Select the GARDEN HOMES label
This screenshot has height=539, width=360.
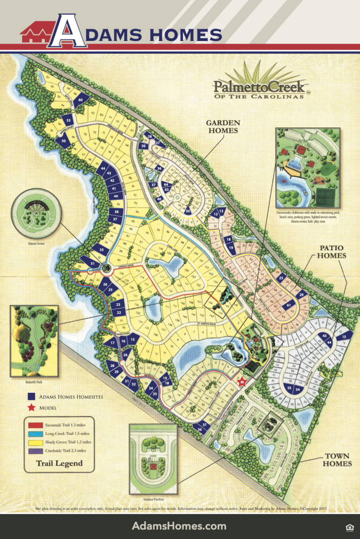tap(222, 126)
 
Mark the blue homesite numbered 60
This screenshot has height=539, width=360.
tap(80, 100)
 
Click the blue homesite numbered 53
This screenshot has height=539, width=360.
tap(69, 119)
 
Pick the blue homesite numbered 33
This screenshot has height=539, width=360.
tap(101, 249)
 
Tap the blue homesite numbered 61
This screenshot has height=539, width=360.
tap(289, 305)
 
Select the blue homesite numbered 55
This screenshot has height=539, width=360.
tap(289, 388)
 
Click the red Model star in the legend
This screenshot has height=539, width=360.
tap(31, 407)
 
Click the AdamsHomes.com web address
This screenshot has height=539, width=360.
tap(179, 526)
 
